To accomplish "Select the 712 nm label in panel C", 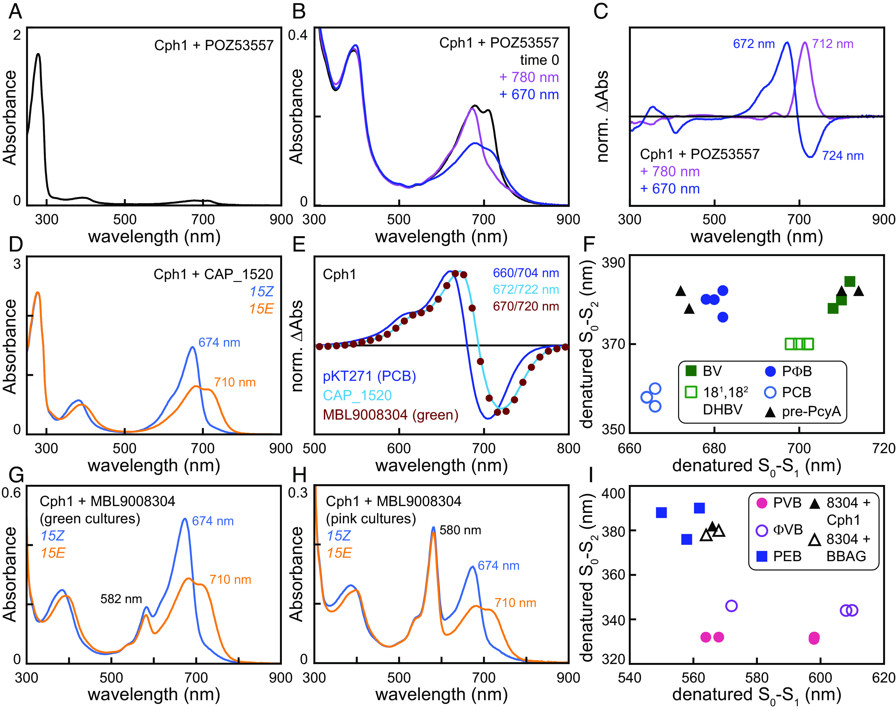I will tap(832, 44).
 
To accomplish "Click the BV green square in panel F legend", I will tap(691, 371).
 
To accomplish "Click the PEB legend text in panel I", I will tap(787, 556).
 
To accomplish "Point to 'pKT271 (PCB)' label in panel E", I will tap(369, 376).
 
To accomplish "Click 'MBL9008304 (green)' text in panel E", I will tap(390, 415).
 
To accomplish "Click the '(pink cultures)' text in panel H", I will tap(371, 519).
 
